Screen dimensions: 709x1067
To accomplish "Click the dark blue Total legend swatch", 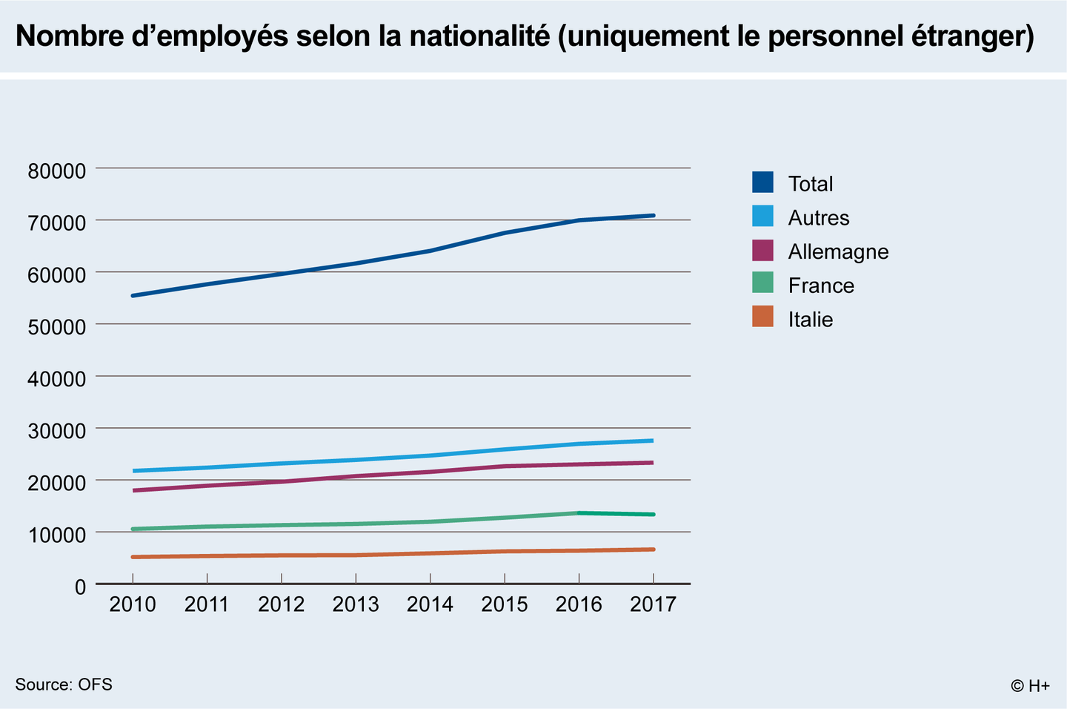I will point(762,182).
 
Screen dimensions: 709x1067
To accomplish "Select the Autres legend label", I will point(818,218).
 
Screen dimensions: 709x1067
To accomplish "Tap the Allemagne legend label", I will point(838,252).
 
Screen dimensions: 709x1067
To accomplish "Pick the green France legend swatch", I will point(762,283).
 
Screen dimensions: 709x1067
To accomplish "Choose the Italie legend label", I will point(810,320).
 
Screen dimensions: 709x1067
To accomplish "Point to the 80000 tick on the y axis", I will point(57,171).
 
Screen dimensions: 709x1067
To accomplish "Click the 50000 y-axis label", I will point(57,327).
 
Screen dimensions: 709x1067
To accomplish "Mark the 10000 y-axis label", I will point(57,535).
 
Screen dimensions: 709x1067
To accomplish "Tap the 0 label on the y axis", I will point(80,587).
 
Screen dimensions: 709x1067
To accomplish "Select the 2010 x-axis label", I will point(133,604).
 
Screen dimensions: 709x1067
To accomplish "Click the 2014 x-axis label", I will point(430,604).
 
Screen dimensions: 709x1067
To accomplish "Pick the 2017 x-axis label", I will point(653,604).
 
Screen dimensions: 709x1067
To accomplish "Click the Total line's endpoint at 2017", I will point(653,216).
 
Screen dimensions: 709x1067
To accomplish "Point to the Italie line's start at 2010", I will point(133,557).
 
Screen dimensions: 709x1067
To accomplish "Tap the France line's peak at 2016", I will point(579,512).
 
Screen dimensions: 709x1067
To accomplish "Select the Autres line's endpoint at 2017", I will point(652,441).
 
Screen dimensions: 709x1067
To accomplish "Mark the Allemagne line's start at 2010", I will point(133,490).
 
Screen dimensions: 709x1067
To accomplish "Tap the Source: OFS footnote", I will point(64,685).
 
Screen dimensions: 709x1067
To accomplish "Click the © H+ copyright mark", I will point(1030,686).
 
